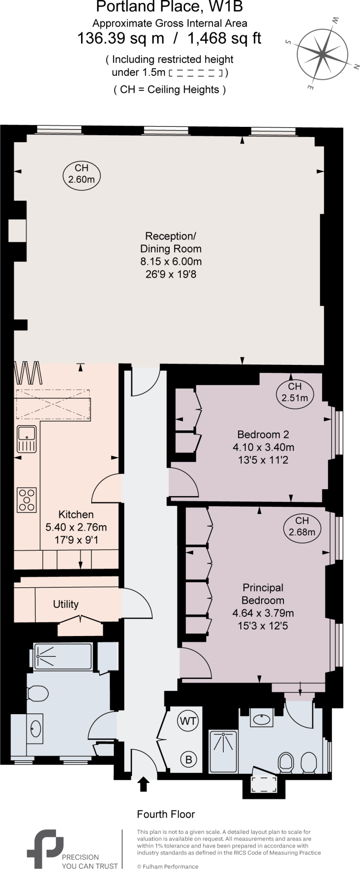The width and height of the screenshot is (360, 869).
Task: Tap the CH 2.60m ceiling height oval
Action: tap(81, 174)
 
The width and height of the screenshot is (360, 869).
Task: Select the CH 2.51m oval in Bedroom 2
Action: tap(295, 392)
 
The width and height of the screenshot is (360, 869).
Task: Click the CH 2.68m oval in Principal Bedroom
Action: tap(302, 526)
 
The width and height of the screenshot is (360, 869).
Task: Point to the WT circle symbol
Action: tap(188, 721)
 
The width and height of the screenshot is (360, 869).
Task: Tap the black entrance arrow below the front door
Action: tap(143, 784)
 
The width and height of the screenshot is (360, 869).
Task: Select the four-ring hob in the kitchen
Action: tap(27, 500)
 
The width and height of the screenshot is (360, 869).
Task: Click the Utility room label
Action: tap(66, 604)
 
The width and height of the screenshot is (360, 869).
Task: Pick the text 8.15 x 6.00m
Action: tap(171, 261)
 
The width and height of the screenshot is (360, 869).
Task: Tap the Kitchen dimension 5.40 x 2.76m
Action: tap(76, 527)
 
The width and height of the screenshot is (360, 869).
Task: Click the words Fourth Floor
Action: tap(166, 814)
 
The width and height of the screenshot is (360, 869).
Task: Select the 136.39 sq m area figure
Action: tap(120, 38)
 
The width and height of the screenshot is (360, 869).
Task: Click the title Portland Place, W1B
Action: tap(169, 7)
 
